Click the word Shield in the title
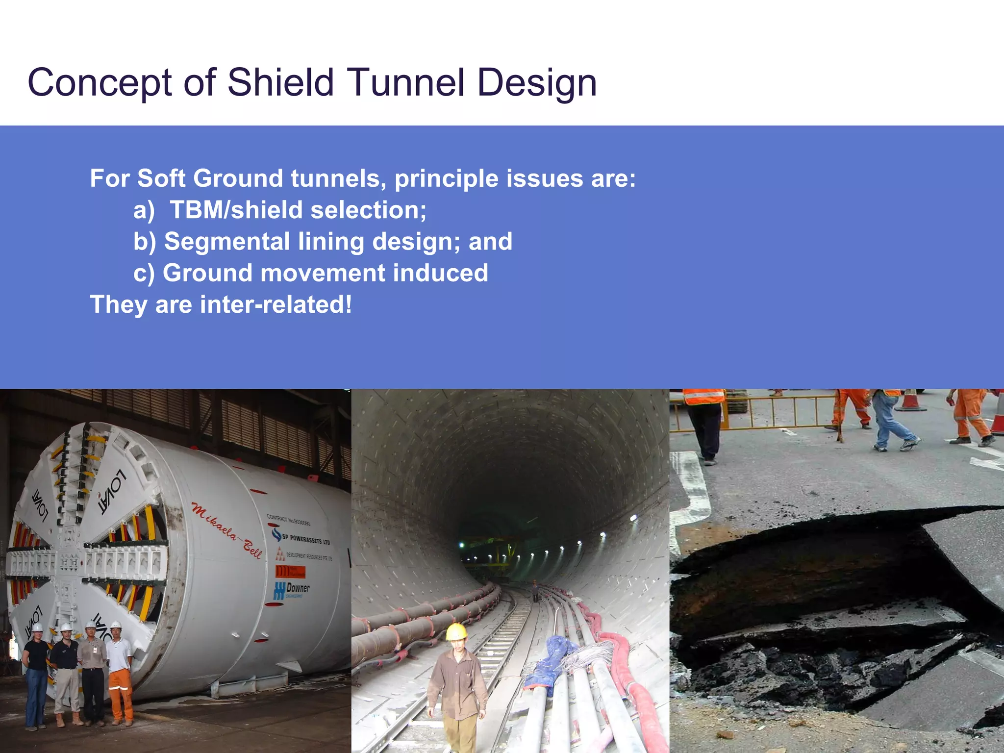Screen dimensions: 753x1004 280,82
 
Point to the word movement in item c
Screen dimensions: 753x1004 323,273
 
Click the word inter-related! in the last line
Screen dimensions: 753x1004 276,304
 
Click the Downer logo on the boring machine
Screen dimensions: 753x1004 293,590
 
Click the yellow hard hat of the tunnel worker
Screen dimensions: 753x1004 456,632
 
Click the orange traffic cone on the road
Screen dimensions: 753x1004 910,401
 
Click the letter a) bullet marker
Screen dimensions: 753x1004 144,210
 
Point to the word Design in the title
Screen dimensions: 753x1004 537,82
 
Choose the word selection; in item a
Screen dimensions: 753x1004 368,210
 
